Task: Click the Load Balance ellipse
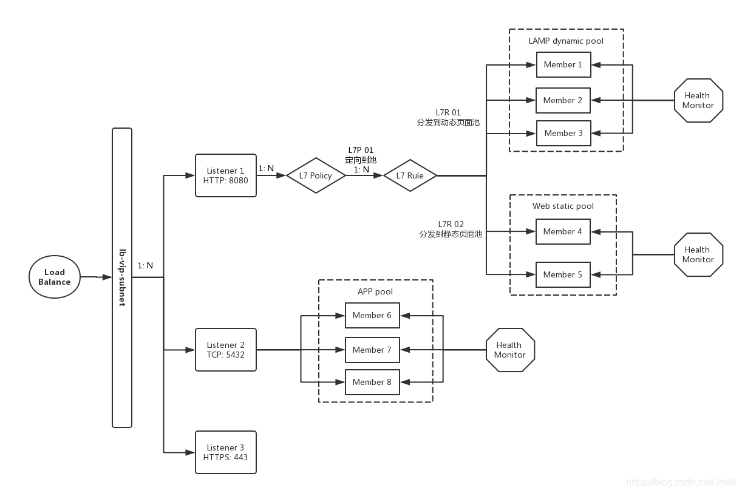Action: [x=55, y=277]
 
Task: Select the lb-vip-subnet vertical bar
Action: [x=122, y=277]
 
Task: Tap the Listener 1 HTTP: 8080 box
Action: [x=226, y=175]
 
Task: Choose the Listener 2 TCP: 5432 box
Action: [x=226, y=350]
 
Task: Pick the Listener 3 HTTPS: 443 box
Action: [x=226, y=452]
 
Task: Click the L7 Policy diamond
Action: [x=316, y=175]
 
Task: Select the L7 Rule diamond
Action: [x=410, y=175]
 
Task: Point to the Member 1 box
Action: [x=563, y=65]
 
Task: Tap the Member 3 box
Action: [x=563, y=134]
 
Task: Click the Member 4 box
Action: [x=562, y=231]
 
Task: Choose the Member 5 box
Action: [x=562, y=274]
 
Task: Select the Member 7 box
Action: [x=372, y=350]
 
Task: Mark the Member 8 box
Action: [x=372, y=382]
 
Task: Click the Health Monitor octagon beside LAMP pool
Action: [x=698, y=100]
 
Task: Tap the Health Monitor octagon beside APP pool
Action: [x=510, y=350]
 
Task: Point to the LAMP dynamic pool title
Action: [x=566, y=41]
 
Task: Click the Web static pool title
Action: [x=563, y=206]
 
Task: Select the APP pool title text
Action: [x=375, y=291]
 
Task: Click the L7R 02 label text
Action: [x=451, y=224]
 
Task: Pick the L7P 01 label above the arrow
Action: [x=361, y=150]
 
